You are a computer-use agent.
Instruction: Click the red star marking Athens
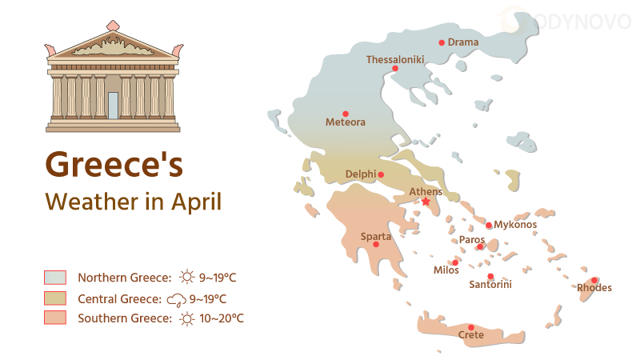pos(426,202)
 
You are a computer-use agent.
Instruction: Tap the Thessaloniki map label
pos(394,59)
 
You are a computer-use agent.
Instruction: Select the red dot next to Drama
pos(442,42)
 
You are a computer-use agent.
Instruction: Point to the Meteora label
pos(345,122)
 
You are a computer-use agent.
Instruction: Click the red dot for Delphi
pos(381,174)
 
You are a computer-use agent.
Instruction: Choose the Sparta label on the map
pos(376,236)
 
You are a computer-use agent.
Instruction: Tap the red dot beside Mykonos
pos(489,226)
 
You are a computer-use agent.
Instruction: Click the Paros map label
pos(472,239)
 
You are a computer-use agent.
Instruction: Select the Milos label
pos(446,270)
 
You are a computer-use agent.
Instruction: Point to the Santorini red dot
pos(490,276)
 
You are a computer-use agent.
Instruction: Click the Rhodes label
pos(594,288)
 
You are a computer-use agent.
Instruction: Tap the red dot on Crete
pos(472,326)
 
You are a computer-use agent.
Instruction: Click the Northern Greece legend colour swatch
pos(55,278)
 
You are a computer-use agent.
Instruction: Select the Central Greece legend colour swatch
pos(55,298)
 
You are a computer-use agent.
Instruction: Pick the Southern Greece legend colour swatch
pos(55,318)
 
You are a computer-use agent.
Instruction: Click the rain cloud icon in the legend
pos(176,300)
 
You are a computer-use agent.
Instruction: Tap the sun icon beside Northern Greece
pos(187,278)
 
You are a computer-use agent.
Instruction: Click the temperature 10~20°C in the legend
pos(222,318)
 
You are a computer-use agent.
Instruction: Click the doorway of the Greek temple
pos(113,105)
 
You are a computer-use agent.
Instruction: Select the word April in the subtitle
pos(196,201)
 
